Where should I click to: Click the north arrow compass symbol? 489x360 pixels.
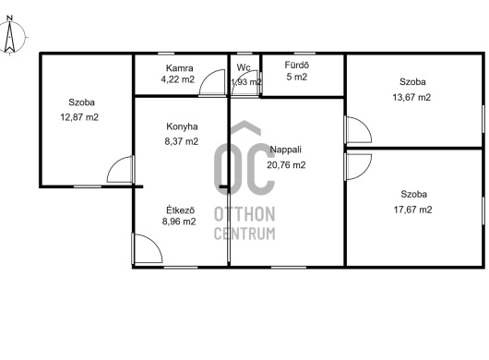coord(10,35)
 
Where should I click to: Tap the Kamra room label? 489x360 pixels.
coord(179,68)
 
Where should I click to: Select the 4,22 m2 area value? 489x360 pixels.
coord(178,79)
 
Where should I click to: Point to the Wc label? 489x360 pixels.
coord(244,67)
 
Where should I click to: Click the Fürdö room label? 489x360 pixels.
coord(297,66)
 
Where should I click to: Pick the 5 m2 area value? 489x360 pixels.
coord(297,77)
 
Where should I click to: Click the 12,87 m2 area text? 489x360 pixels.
coord(79,117)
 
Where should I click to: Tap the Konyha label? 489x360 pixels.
coord(182,126)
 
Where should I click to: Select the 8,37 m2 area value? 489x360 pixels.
coord(182,141)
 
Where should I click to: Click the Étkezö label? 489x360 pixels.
coord(181,210)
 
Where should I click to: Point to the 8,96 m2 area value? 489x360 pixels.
coord(179,222)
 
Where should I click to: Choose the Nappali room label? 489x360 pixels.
coord(286,150)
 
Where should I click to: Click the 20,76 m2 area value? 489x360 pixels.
coord(286,164)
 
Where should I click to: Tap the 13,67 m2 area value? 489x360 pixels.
coord(411,97)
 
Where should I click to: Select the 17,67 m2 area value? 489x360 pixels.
coord(413,210)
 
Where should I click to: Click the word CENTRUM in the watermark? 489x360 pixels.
coord(244,234)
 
